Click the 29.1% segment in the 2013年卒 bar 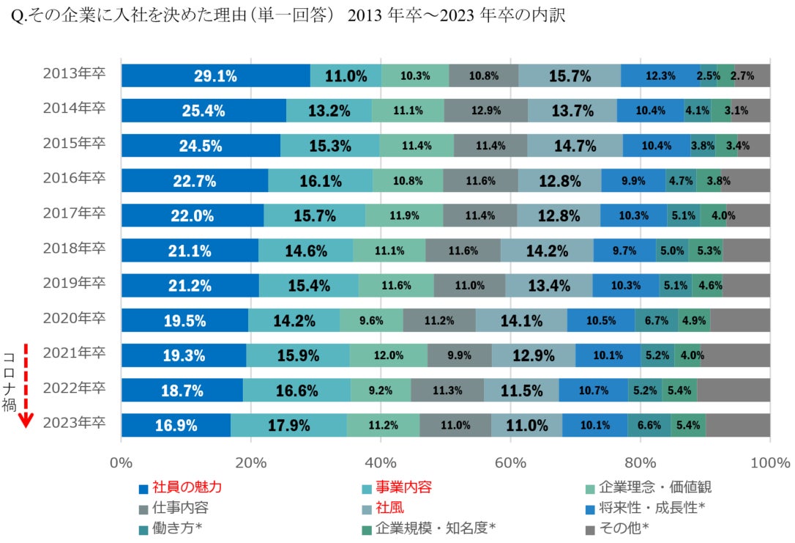tap(215, 75)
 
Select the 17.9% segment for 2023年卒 tap(288, 425)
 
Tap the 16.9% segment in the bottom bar tap(176, 425)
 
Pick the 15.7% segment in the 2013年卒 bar tap(570, 75)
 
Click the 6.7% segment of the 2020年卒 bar tap(656, 320)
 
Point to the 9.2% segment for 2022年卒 tap(381, 391)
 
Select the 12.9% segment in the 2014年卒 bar tap(486, 111)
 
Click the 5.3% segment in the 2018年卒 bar tap(705, 251)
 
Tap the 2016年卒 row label tap(74, 177)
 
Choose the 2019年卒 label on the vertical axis tap(74, 282)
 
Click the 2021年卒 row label tap(74, 352)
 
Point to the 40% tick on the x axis tap(381, 463)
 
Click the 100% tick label tap(770, 463)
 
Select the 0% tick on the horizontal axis tap(121, 463)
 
